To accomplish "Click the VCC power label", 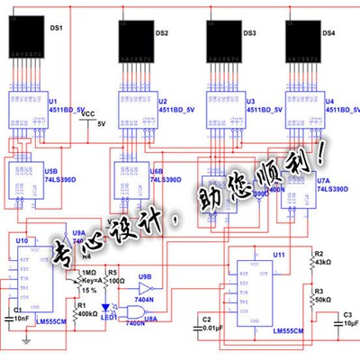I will [88, 114].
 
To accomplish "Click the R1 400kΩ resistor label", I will [86, 310].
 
